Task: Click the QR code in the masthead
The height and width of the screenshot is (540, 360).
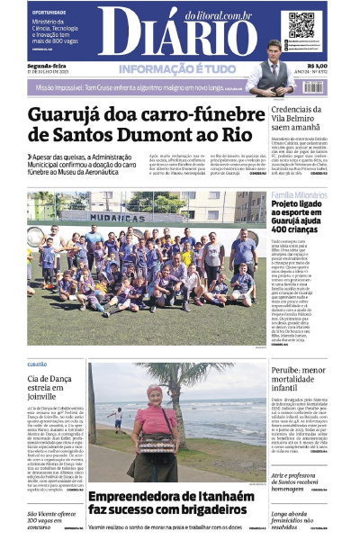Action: pos(301,25)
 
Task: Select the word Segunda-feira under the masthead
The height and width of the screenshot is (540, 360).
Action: pos(45,65)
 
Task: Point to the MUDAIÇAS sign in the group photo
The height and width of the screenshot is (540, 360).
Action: pos(117,217)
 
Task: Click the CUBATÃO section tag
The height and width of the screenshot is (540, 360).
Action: pos(38,364)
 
